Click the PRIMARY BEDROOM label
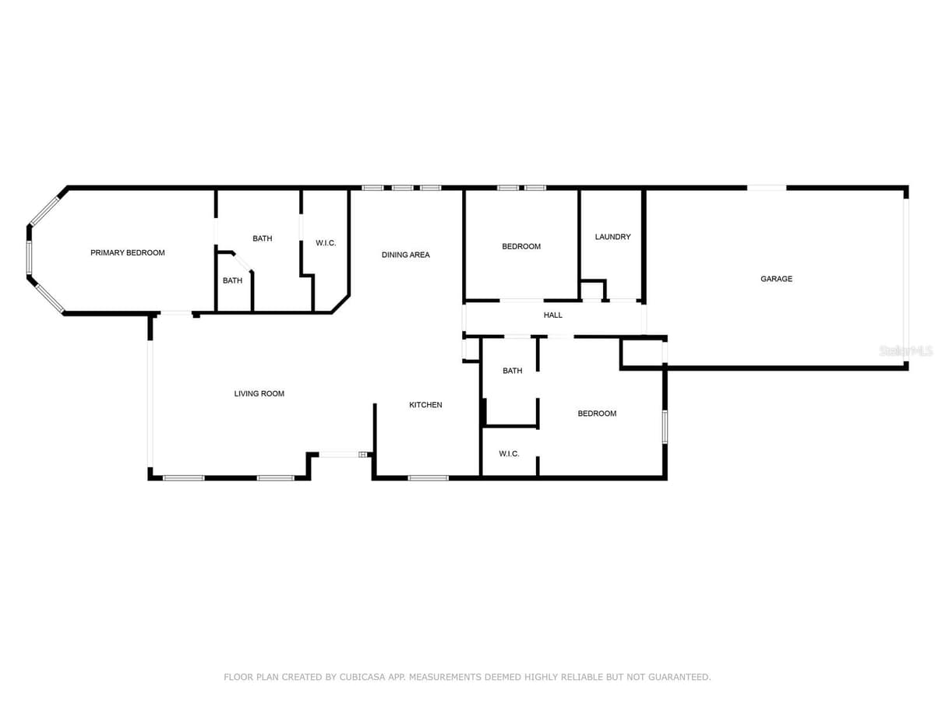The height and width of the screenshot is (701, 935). [x=127, y=253]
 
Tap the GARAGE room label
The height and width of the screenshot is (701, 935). [x=776, y=279]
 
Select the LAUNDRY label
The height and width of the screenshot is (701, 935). [x=612, y=237]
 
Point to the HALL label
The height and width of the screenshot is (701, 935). [x=552, y=315]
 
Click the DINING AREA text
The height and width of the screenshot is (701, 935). [x=405, y=255]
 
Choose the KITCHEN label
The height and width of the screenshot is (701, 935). [x=425, y=405]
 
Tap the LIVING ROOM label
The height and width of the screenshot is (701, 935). [x=259, y=393]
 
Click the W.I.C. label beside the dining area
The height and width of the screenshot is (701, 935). [x=326, y=243]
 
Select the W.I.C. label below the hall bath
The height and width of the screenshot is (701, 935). [x=509, y=454]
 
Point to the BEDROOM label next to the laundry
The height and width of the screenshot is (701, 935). [x=521, y=246]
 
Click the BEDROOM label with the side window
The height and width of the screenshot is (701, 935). [x=597, y=414]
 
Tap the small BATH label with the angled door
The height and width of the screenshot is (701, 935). [x=232, y=280]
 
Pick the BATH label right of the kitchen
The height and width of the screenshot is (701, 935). [x=513, y=371]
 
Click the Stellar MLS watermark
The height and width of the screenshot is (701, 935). [x=906, y=351]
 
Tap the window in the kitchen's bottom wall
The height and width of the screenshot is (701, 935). [x=428, y=478]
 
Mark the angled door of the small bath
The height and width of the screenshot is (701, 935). [x=243, y=262]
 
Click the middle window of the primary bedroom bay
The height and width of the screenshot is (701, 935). [x=29, y=258]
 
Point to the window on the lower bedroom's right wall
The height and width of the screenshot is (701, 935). [x=665, y=427]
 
